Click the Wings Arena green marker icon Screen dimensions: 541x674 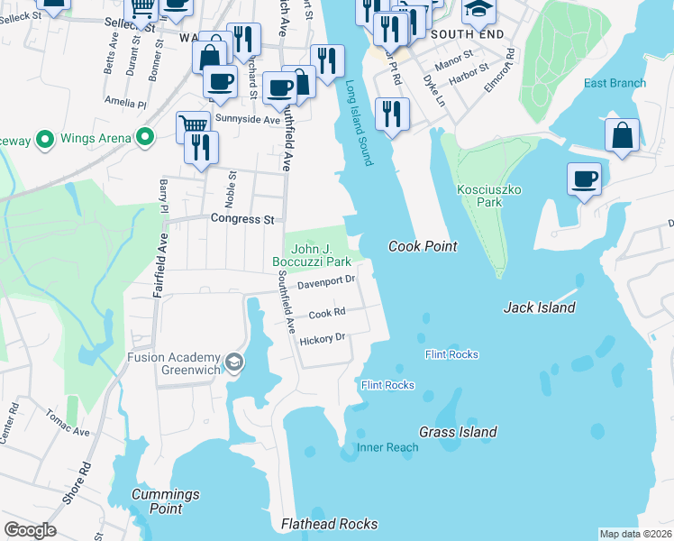click(x=143, y=138)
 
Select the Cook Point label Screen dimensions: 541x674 click(x=423, y=246)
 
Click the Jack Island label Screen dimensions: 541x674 click(x=539, y=307)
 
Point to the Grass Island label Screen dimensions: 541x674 click(x=458, y=432)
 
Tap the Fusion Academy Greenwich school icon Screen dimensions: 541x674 click(x=234, y=362)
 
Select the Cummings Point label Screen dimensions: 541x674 click(x=165, y=500)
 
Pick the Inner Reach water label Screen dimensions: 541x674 click(x=387, y=447)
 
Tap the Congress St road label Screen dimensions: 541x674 click(x=241, y=218)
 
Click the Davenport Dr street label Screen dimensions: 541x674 click(x=326, y=282)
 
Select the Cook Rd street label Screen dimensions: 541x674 click(x=327, y=314)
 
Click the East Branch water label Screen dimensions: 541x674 click(x=615, y=83)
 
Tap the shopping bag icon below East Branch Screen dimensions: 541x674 click(x=622, y=136)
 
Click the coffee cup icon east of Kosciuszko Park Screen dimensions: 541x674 click(x=584, y=178)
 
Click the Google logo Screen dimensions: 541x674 click(x=30, y=530)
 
